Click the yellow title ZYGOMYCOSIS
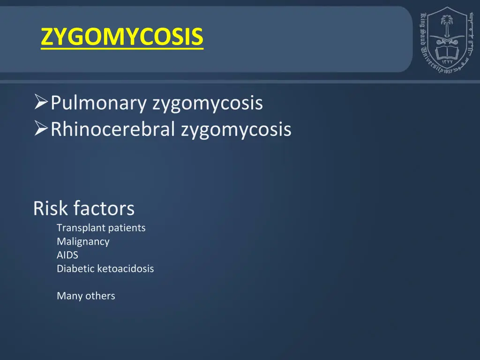coord(122,37)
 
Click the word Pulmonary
coord(98,103)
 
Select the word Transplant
coord(81,228)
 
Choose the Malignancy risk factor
coord(83,242)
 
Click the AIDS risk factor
coord(67,255)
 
